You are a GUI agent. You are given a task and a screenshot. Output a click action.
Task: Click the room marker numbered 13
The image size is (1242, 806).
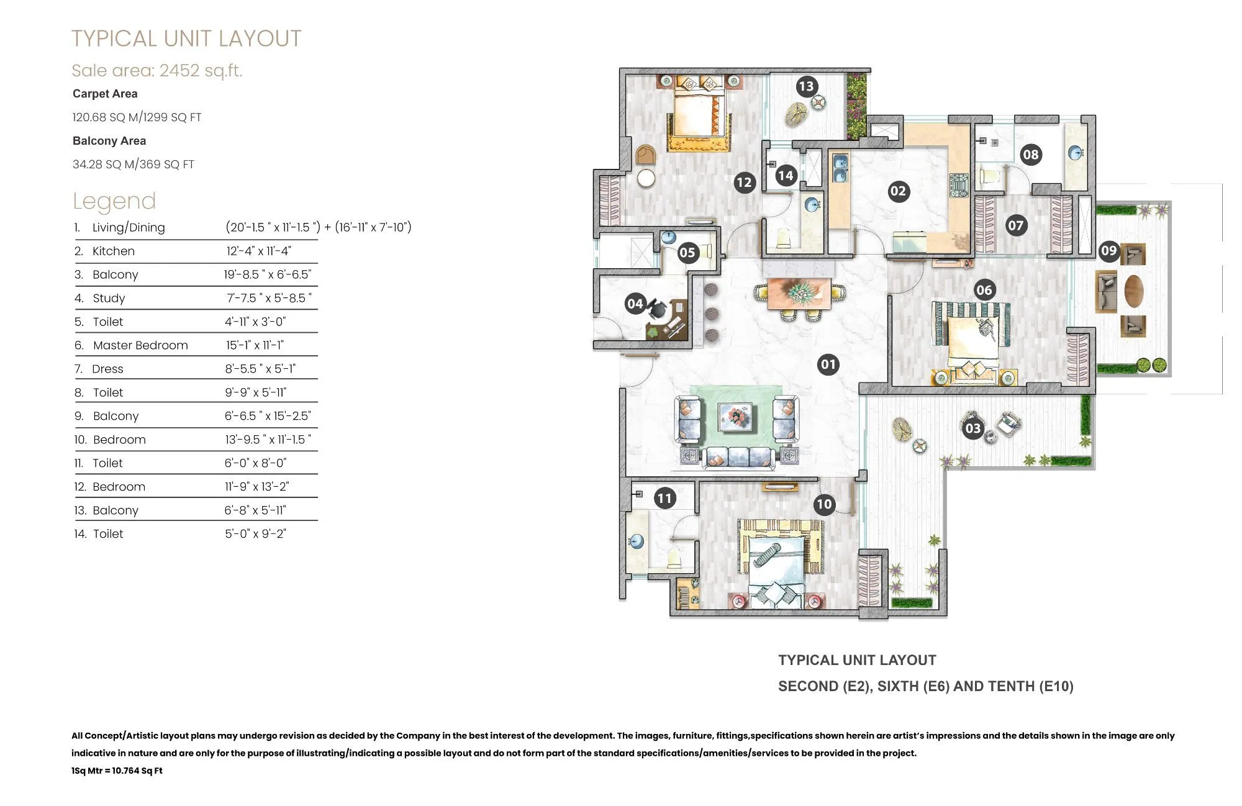(x=806, y=86)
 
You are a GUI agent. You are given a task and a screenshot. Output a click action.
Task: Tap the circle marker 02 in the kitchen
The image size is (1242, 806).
(x=898, y=191)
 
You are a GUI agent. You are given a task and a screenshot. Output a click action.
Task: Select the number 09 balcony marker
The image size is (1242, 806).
(x=1108, y=251)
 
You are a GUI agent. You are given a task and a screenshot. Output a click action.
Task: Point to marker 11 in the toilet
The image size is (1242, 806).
(x=664, y=498)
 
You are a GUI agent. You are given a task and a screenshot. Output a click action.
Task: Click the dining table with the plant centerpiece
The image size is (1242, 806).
(x=799, y=293)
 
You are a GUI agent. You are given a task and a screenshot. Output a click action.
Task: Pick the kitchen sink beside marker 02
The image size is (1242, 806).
(x=839, y=168)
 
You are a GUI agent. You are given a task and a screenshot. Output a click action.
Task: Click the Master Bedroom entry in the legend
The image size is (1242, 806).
(x=140, y=345)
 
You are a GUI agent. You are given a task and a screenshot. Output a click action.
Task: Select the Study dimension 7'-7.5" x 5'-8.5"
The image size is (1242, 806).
(x=269, y=298)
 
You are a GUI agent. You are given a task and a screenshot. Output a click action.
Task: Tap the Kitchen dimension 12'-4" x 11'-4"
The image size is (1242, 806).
(x=258, y=251)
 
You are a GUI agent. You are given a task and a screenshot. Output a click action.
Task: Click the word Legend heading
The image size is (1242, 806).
(x=114, y=201)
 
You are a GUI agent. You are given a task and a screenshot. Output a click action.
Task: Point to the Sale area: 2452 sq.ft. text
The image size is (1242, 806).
(x=156, y=70)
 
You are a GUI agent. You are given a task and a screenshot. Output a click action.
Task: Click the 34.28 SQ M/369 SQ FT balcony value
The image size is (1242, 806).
(x=133, y=165)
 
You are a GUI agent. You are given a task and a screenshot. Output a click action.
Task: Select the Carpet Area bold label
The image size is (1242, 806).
(x=105, y=94)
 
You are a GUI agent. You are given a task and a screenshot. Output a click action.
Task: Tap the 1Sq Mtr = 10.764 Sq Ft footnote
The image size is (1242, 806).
(x=117, y=771)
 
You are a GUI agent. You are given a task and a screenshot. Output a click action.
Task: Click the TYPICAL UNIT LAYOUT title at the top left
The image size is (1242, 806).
(x=186, y=38)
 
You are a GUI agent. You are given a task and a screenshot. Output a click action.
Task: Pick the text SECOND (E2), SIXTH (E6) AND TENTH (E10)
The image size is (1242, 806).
(x=925, y=686)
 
